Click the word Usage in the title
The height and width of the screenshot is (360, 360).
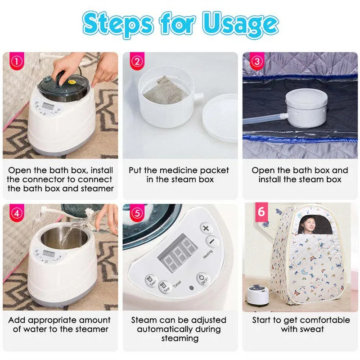click(x=240, y=24)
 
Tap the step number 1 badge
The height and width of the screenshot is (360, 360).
click(x=17, y=61)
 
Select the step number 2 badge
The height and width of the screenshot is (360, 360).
click(x=137, y=61)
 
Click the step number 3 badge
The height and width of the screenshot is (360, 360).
click(x=257, y=61)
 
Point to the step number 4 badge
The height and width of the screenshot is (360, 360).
click(x=17, y=213)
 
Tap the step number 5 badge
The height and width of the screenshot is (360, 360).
click(x=137, y=213)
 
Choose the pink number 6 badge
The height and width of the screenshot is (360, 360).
click(x=261, y=211)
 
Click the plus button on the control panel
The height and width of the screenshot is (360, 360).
click(x=206, y=228)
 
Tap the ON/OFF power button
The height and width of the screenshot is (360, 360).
click(x=202, y=279)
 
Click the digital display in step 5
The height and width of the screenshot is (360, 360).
click(x=177, y=252)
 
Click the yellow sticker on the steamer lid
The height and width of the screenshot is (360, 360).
click(x=72, y=82)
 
